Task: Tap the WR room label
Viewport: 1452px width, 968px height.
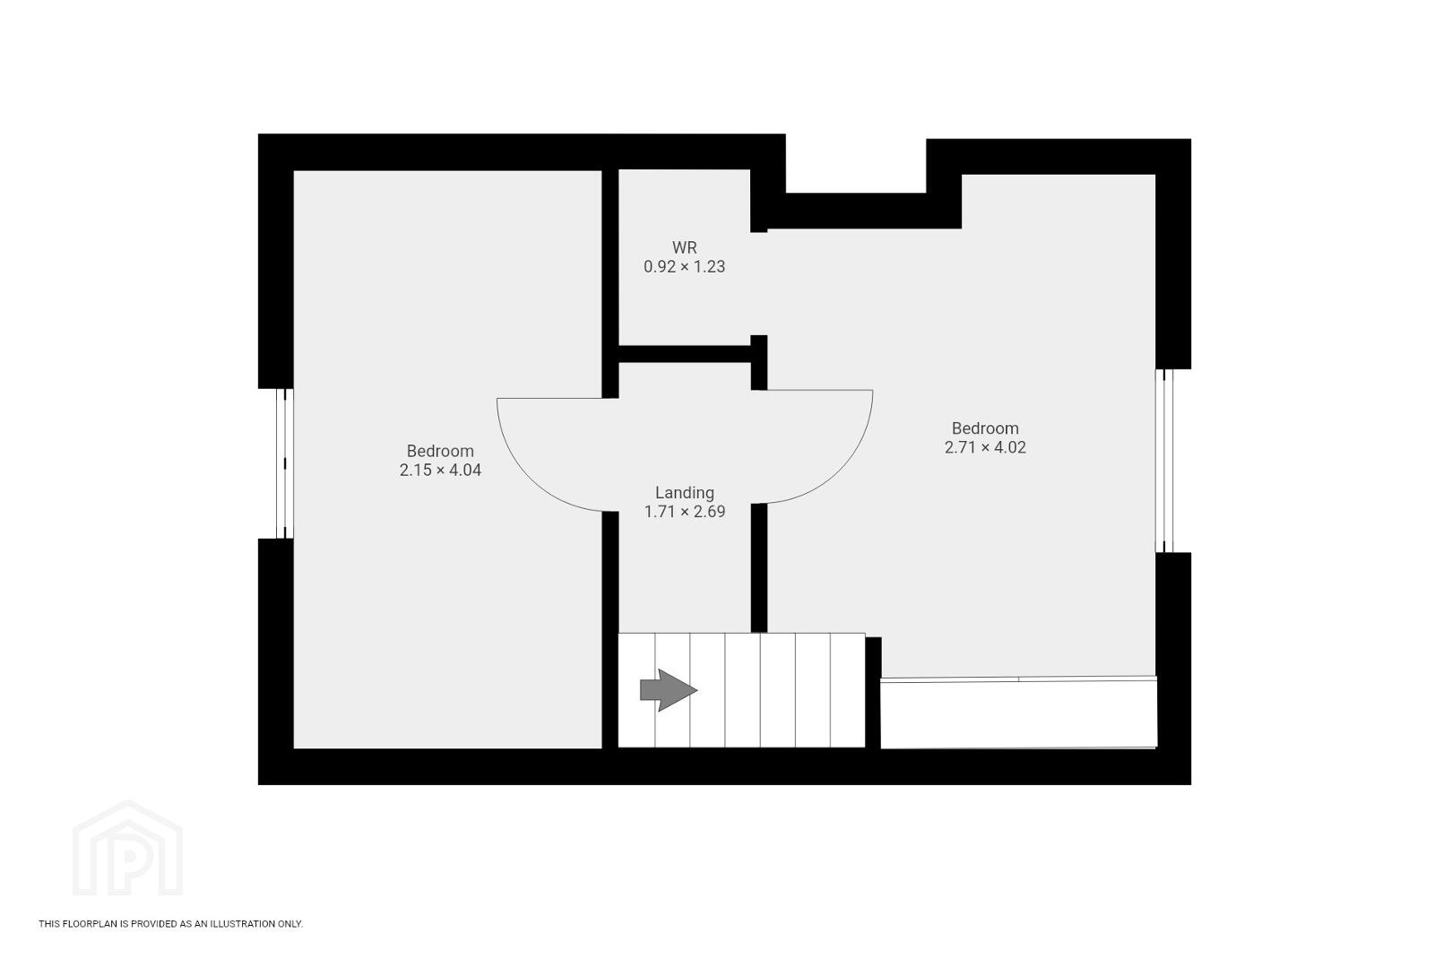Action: tap(685, 247)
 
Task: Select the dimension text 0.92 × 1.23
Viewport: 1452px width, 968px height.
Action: tap(685, 266)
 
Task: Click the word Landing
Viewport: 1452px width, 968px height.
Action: tap(685, 493)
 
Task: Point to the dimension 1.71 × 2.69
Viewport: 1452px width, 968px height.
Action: tap(685, 512)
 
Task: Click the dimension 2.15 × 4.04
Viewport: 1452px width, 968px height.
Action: tap(440, 470)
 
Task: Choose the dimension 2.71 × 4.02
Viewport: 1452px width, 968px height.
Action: tap(985, 447)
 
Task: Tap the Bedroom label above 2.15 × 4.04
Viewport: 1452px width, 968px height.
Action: tap(440, 451)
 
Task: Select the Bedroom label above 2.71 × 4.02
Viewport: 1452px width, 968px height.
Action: tap(985, 428)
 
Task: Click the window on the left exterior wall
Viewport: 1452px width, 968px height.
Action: tap(284, 463)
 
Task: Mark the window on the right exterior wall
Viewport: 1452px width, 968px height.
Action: tap(1165, 461)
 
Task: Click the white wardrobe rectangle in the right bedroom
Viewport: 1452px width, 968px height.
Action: tap(1018, 713)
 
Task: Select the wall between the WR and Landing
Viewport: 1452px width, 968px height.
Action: tap(685, 354)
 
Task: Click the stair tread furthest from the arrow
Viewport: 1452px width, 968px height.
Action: tap(848, 690)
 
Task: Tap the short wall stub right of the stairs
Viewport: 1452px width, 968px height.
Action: tap(873, 693)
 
